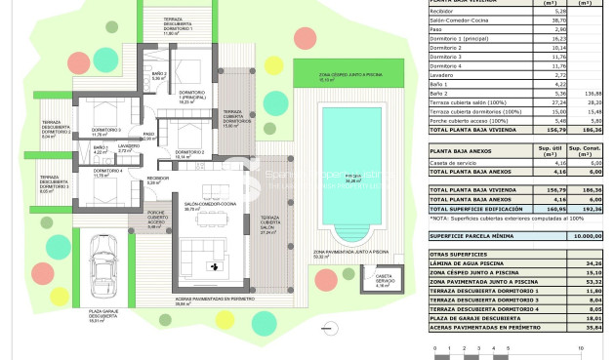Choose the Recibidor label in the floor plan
157,180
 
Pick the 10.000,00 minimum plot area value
586,235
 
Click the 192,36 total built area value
586,209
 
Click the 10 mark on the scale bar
583,347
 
